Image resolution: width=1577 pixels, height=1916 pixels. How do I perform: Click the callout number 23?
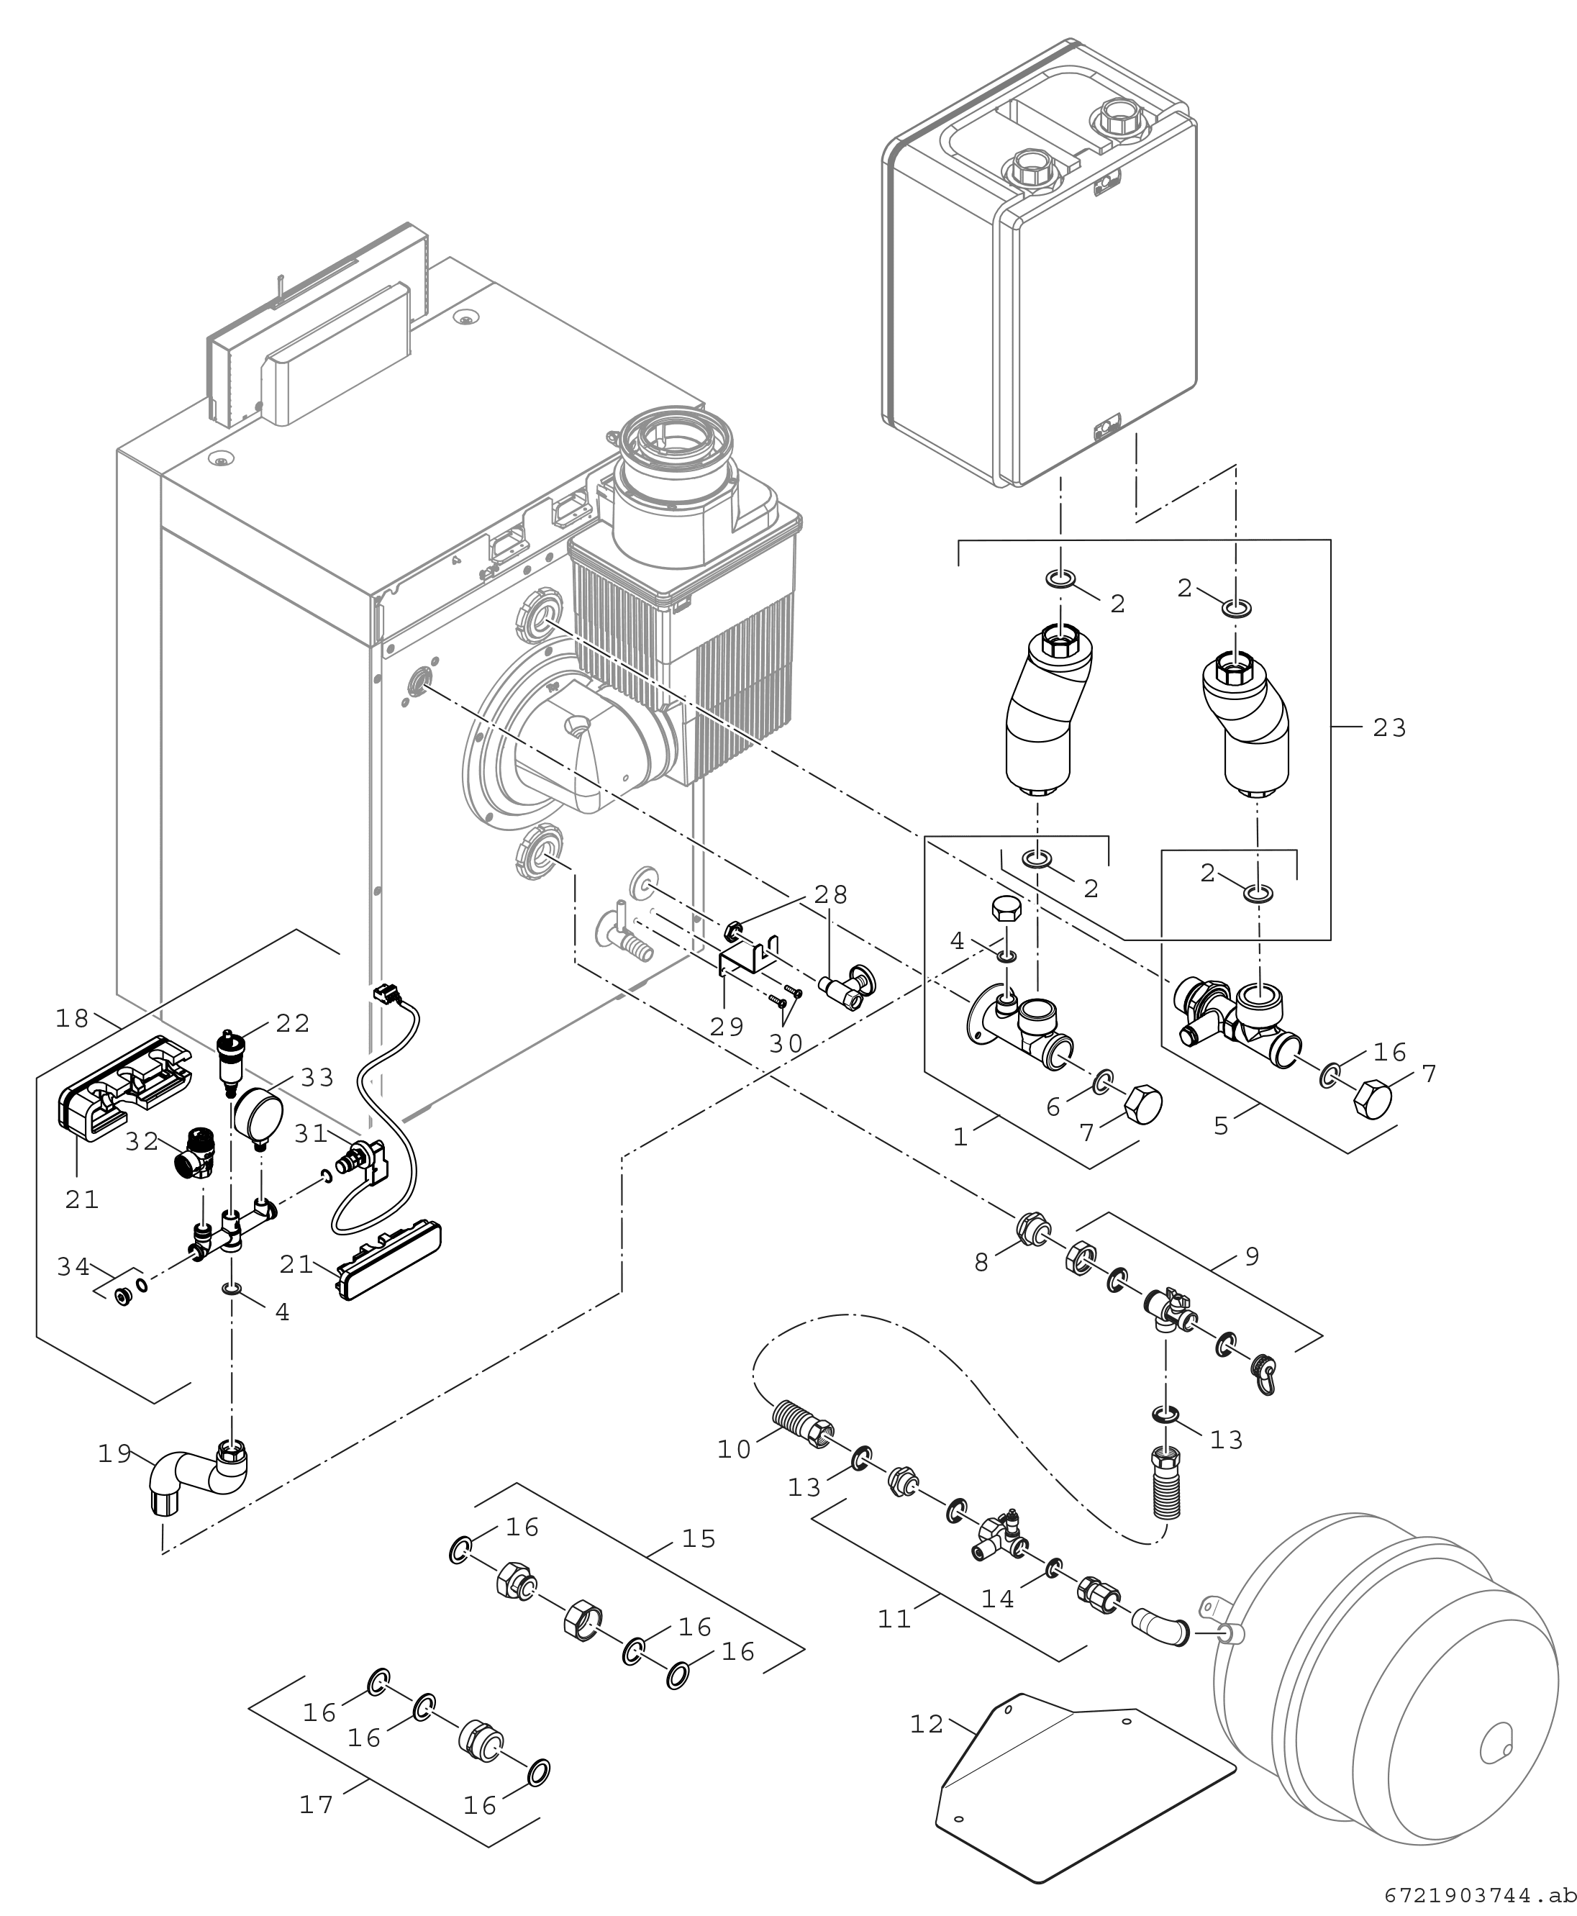click(x=1389, y=727)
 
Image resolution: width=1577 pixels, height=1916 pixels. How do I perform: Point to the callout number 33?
click(x=318, y=1078)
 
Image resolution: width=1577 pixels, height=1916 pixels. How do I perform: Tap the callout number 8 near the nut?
click(x=981, y=1263)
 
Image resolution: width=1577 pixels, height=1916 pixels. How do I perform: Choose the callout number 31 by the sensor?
click(x=311, y=1133)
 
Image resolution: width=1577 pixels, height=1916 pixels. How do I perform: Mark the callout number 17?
click(x=316, y=1804)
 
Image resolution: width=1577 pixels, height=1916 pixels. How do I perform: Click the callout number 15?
click(x=699, y=1539)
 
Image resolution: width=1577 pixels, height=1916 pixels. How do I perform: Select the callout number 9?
click(x=1252, y=1256)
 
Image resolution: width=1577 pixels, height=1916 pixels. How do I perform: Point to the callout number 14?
click(x=997, y=1599)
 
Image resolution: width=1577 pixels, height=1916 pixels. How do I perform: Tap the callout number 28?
click(x=830, y=895)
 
